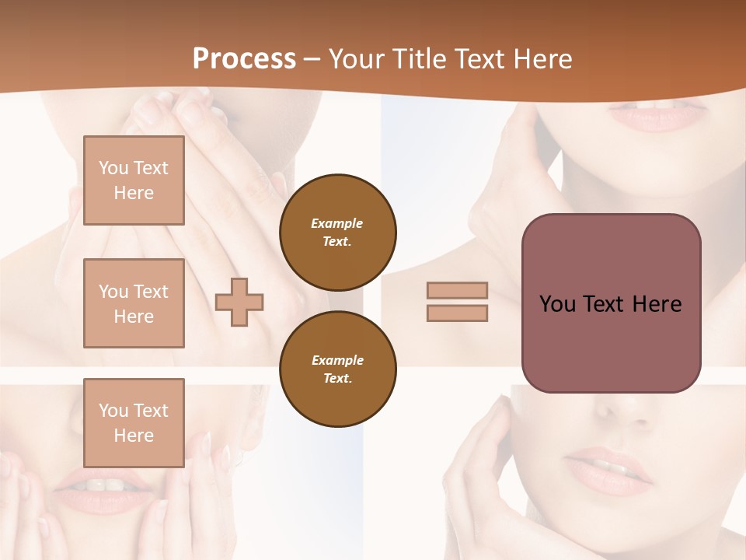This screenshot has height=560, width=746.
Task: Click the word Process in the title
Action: point(244,59)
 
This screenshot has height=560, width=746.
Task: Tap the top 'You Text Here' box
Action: point(134,180)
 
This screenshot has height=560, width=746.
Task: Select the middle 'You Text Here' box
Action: point(134,303)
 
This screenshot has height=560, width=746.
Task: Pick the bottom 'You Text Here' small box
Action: point(134,422)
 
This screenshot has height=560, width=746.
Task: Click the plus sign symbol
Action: point(239,302)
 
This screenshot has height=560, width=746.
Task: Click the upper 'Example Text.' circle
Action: point(338,233)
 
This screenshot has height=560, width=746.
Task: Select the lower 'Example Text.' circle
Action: point(338,369)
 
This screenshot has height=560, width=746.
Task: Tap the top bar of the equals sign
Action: point(457,290)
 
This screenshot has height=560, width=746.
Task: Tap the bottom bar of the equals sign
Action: point(457,313)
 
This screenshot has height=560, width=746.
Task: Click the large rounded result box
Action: point(611,303)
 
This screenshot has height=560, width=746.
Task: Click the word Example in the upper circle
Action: point(337,223)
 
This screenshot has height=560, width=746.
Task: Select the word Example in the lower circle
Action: point(337,360)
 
